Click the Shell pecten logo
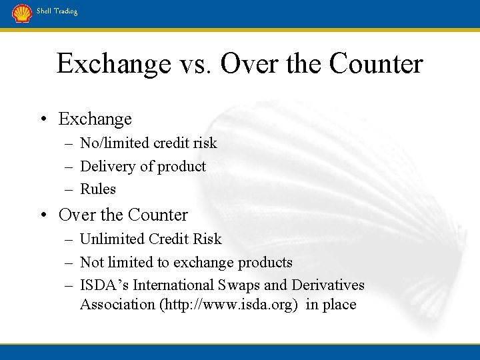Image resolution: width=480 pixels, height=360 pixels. point(22,13)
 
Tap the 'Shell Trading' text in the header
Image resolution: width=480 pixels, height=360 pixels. point(57,11)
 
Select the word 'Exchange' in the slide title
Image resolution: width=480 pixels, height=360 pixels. point(114,64)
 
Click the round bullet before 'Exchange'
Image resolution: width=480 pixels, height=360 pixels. point(43,120)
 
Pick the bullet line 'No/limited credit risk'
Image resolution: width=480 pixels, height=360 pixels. point(148,143)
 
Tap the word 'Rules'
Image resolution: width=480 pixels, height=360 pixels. point(98,189)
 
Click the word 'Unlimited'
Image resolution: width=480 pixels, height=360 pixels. point(113,239)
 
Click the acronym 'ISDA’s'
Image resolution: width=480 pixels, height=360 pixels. point(105,285)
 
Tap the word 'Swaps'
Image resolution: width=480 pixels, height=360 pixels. point(238,285)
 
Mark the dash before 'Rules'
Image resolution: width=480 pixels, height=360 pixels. point(69,189)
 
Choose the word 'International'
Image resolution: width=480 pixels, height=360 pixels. point(174,285)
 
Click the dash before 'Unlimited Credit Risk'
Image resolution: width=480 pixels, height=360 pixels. point(69,239)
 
